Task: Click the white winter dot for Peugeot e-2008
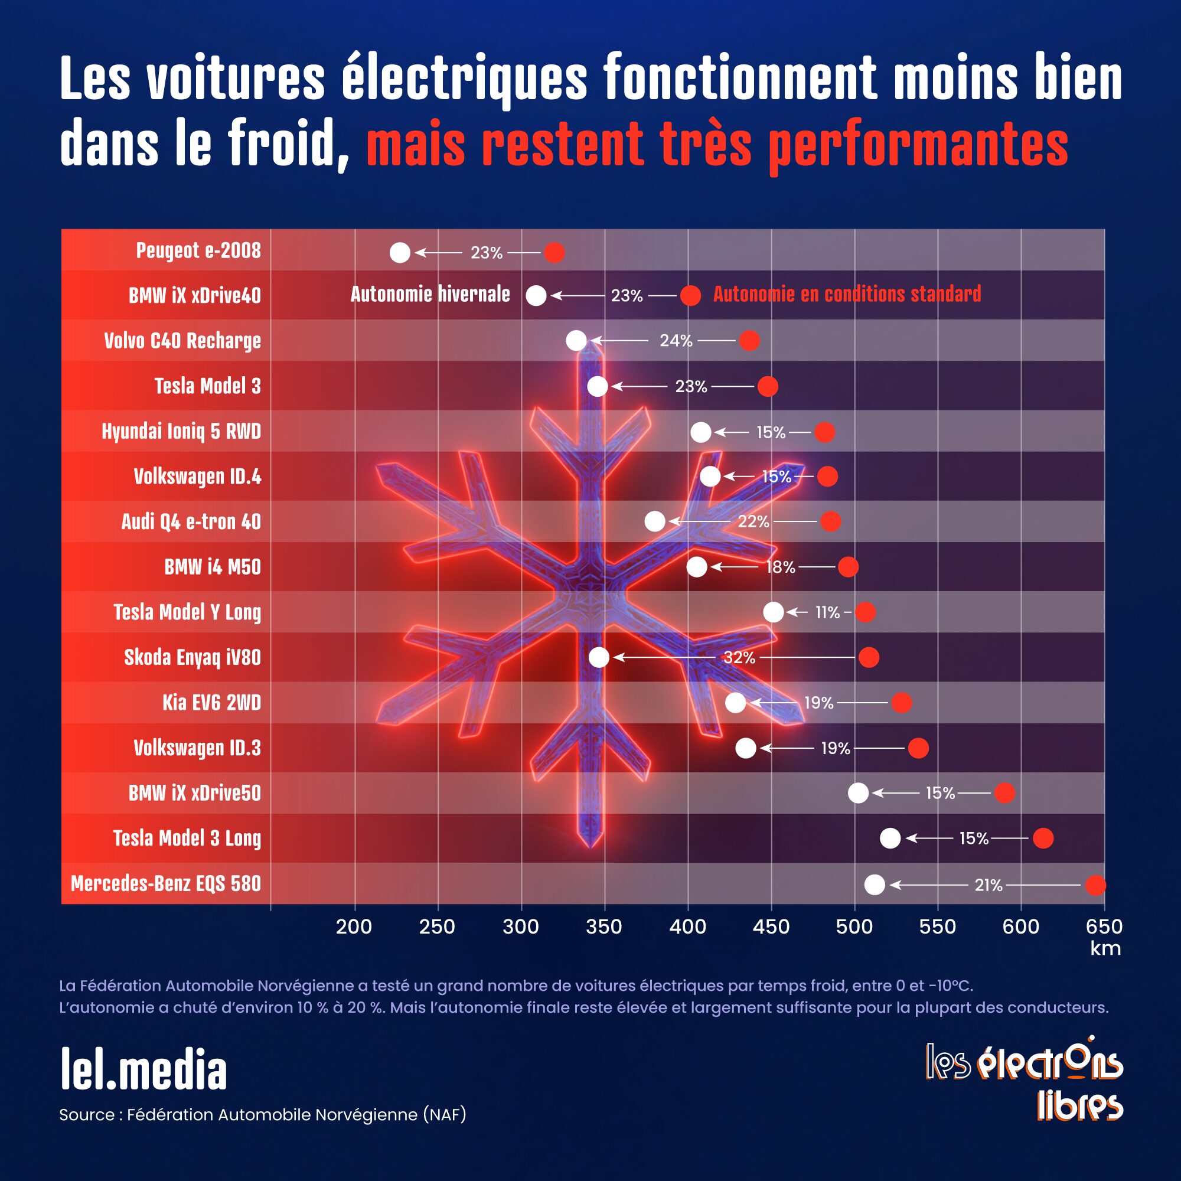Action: (400, 253)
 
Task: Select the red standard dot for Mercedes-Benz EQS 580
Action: (1095, 885)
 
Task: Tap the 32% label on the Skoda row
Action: (739, 658)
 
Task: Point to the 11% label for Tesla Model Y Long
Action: (827, 612)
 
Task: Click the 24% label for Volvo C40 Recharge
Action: (676, 341)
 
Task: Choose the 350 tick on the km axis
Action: (604, 926)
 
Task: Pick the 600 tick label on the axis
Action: (1020, 926)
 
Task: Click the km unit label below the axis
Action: (1105, 948)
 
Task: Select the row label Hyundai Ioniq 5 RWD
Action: (181, 432)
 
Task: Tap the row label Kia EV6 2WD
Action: (211, 702)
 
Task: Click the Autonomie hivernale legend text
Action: (430, 295)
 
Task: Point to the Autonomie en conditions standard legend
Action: (847, 294)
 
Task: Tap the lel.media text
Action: (143, 1070)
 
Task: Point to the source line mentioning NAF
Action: (263, 1114)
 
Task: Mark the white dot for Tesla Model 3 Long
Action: (890, 838)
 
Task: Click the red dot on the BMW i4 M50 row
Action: (848, 567)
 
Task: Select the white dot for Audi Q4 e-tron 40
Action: (655, 521)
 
